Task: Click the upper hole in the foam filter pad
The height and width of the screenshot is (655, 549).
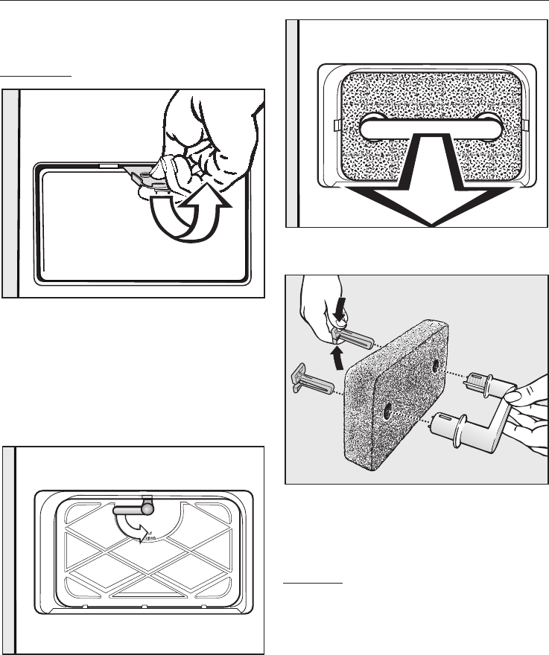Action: point(436,365)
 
